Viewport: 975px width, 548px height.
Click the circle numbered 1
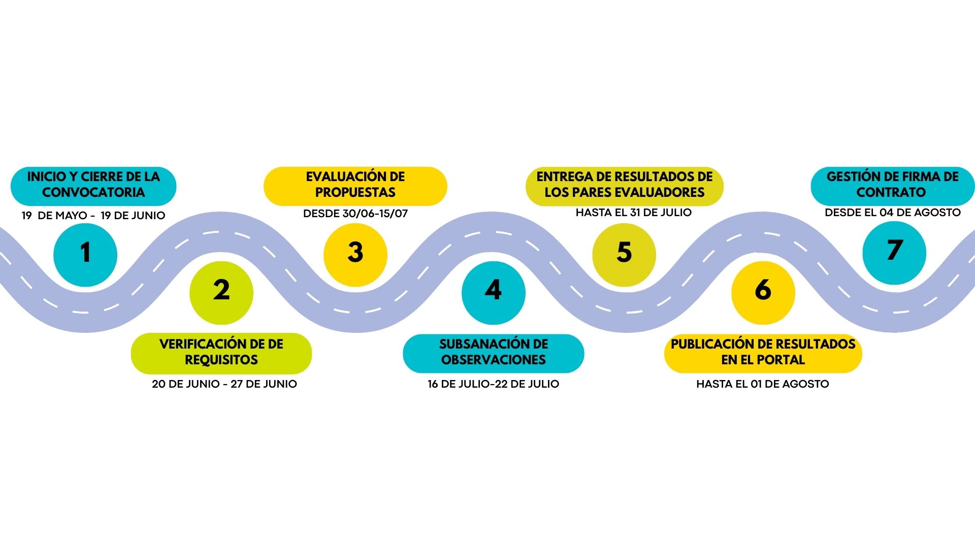(85, 255)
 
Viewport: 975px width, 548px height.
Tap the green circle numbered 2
(221, 293)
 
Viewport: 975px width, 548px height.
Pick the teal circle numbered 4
(493, 293)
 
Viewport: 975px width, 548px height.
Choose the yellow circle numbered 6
(763, 293)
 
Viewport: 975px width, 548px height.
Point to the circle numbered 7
(894, 253)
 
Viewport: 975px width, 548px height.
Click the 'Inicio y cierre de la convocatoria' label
(93, 185)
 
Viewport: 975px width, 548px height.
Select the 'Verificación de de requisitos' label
(221, 352)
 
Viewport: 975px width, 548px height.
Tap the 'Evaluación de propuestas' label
(355, 185)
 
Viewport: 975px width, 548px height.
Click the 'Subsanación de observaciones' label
(494, 352)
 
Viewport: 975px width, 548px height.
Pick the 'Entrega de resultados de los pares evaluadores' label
(625, 185)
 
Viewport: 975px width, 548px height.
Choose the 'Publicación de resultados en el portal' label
(763, 352)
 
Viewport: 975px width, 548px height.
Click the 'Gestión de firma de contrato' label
(893, 185)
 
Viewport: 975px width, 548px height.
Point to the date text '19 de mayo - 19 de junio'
(93, 215)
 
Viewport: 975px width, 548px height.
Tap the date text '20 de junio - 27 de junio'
(224, 384)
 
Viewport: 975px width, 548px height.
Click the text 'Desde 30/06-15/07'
(355, 213)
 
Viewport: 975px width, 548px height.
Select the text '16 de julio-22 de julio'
(494, 384)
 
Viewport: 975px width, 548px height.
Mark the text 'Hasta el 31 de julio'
(634, 212)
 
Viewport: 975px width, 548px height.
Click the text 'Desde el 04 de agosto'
(893, 212)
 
